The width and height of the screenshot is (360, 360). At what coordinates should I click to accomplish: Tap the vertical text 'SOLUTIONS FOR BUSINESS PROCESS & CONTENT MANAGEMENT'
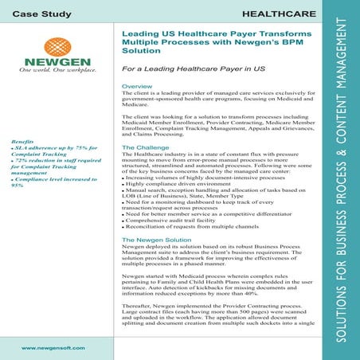click(343, 180)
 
